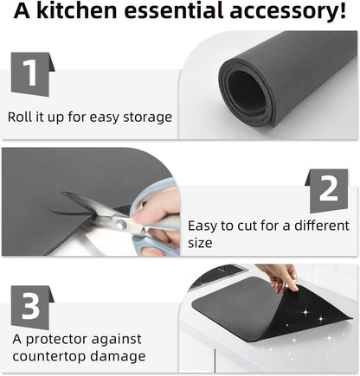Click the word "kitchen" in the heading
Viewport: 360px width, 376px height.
[77, 10]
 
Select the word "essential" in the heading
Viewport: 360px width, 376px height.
[174, 10]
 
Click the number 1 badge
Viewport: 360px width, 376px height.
[32, 74]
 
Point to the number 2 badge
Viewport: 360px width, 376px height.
[327, 191]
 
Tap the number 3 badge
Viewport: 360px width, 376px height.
[32, 308]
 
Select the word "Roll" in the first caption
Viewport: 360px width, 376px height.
[19, 117]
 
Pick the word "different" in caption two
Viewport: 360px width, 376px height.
[322, 226]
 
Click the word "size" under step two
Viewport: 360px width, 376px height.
[200, 243]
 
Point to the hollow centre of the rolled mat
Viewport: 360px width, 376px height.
[246, 92]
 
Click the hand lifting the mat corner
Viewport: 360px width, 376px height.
[280, 277]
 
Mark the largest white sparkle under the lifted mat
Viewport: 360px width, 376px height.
[305, 312]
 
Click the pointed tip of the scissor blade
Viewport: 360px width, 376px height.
[62, 193]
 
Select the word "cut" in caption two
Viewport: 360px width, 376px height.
[247, 226]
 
